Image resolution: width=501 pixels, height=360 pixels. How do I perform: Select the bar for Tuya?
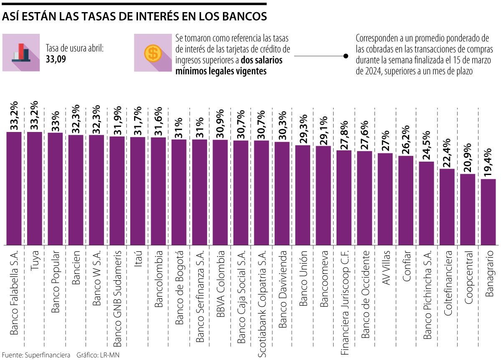click(x=34, y=188)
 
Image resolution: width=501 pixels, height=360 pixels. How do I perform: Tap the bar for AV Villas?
click(x=385, y=199)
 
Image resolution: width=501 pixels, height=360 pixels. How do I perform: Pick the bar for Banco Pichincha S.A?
click(x=426, y=203)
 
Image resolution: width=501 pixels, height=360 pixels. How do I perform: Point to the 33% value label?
click(x=55, y=119)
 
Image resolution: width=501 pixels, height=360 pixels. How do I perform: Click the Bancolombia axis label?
click(x=158, y=279)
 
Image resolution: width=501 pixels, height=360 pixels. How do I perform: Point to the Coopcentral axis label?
click(x=468, y=278)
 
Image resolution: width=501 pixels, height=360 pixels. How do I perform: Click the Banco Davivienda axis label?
click(x=282, y=289)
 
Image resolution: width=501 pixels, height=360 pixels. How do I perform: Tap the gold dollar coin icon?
click(x=153, y=53)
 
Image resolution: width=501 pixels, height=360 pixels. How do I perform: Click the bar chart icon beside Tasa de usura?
click(x=21, y=52)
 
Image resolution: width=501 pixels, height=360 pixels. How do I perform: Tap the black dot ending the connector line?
click(x=346, y=56)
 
